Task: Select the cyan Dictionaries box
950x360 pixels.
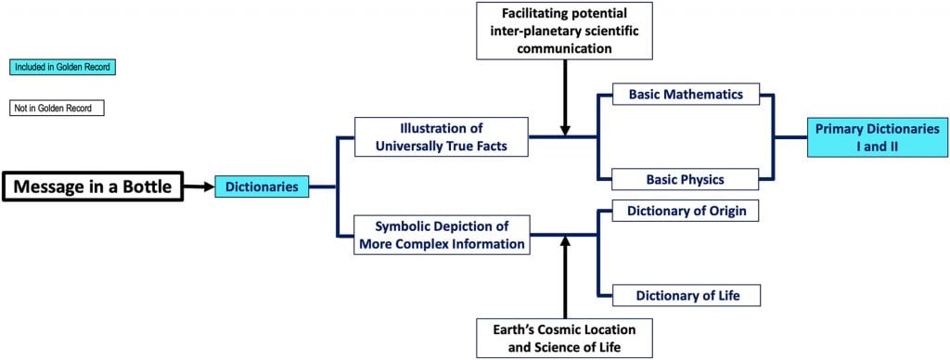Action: [x=262, y=187]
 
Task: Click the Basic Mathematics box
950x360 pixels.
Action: [x=687, y=95]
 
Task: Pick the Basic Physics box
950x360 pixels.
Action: [x=687, y=179]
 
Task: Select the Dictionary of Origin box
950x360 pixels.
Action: [x=687, y=212]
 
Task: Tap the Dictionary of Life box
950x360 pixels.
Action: [x=687, y=296]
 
